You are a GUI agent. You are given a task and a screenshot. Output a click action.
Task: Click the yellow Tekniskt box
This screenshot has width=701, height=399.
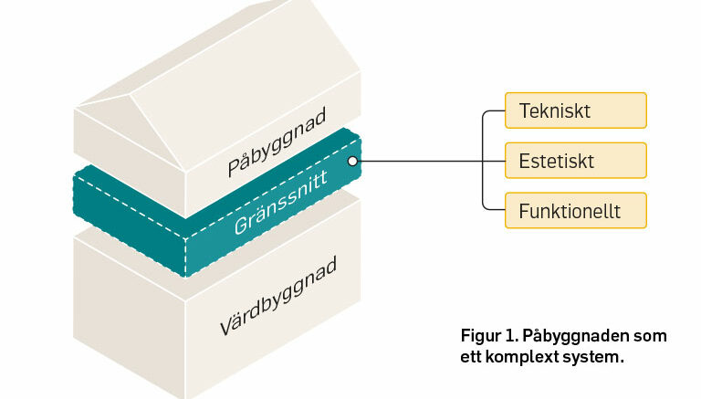pos(576,110)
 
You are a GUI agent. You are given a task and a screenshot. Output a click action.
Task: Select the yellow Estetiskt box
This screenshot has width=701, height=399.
pos(576,161)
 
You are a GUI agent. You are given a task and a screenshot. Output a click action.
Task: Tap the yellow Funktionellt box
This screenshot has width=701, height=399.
pos(576,211)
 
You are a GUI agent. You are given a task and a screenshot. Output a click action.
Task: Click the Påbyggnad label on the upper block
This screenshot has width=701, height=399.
pos(277,142)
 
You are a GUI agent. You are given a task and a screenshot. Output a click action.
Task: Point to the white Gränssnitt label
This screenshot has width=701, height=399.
pos(281,202)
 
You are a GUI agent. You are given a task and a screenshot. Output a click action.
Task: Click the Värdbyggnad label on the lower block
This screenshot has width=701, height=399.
pos(278,296)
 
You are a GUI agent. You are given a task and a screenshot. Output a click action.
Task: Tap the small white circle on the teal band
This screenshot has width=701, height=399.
pos(352,161)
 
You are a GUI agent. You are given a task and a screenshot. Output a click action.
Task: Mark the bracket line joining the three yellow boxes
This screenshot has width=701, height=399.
pos(483,161)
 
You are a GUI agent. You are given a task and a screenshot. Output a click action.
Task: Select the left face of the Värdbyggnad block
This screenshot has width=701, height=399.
pos(130,313)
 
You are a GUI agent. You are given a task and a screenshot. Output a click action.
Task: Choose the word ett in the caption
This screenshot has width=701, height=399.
pos(471,357)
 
